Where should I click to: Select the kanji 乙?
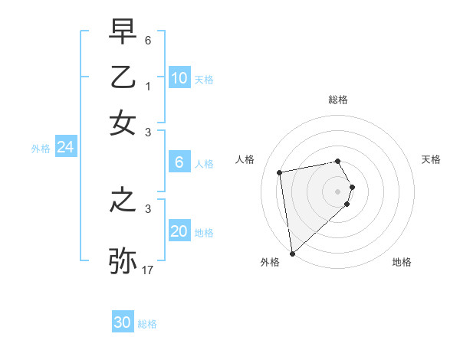point(123,79)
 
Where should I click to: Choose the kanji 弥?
point(123,260)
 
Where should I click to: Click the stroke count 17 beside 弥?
point(149,270)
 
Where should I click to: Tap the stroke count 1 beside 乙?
point(148,86)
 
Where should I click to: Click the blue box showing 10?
point(179,77)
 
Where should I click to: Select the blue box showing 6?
point(179,162)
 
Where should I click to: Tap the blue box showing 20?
point(179,231)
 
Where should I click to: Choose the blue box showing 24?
point(65,147)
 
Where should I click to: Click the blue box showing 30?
point(123,322)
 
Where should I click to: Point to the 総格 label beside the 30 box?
point(147,325)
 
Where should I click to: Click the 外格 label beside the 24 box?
point(41,149)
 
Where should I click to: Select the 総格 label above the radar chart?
point(338,100)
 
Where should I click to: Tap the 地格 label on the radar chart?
point(402,262)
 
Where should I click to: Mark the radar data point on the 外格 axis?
point(292,254)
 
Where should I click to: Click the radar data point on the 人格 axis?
point(280,172)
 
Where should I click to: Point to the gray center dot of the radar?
point(338,191)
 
